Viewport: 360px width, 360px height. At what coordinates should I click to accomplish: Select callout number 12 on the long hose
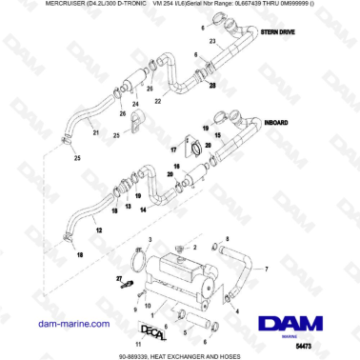coord(99,230)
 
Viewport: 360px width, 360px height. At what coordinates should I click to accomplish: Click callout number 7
coord(266,270)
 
